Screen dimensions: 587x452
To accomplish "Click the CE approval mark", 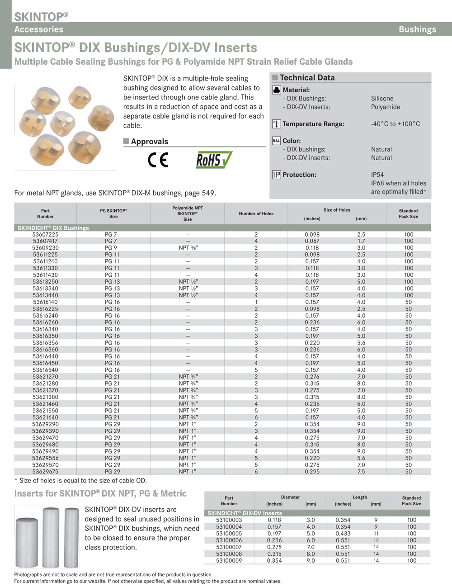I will coord(158,160).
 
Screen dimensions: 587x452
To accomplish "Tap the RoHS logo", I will coord(214,160).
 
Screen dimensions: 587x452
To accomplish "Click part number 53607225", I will coord(45,234).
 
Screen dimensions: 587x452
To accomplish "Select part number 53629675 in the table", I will coord(45,472).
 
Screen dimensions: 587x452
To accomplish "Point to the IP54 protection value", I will coord(377,175).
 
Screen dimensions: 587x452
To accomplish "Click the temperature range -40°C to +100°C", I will coord(395,124).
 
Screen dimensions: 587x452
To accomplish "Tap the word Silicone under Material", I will coord(382,99).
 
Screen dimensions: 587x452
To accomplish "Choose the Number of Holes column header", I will coord(256,214).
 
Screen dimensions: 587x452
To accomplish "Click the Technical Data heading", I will coord(307,78).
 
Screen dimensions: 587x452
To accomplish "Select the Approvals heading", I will coord(149,142).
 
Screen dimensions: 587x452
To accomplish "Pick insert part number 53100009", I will coord(229,561).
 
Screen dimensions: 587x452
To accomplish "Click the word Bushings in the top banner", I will coord(417,29).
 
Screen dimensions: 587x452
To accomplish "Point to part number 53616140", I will coord(45,302).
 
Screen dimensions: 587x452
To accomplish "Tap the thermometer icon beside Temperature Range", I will coord(276,124).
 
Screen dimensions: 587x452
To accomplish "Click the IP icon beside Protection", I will coord(276,175).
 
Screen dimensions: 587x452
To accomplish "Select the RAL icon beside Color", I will coord(276,141).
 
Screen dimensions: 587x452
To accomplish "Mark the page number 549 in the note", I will coord(208,193).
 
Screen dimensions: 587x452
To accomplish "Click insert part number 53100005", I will coord(229,534).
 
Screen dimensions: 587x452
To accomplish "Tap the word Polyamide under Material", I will coord(385,107).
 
